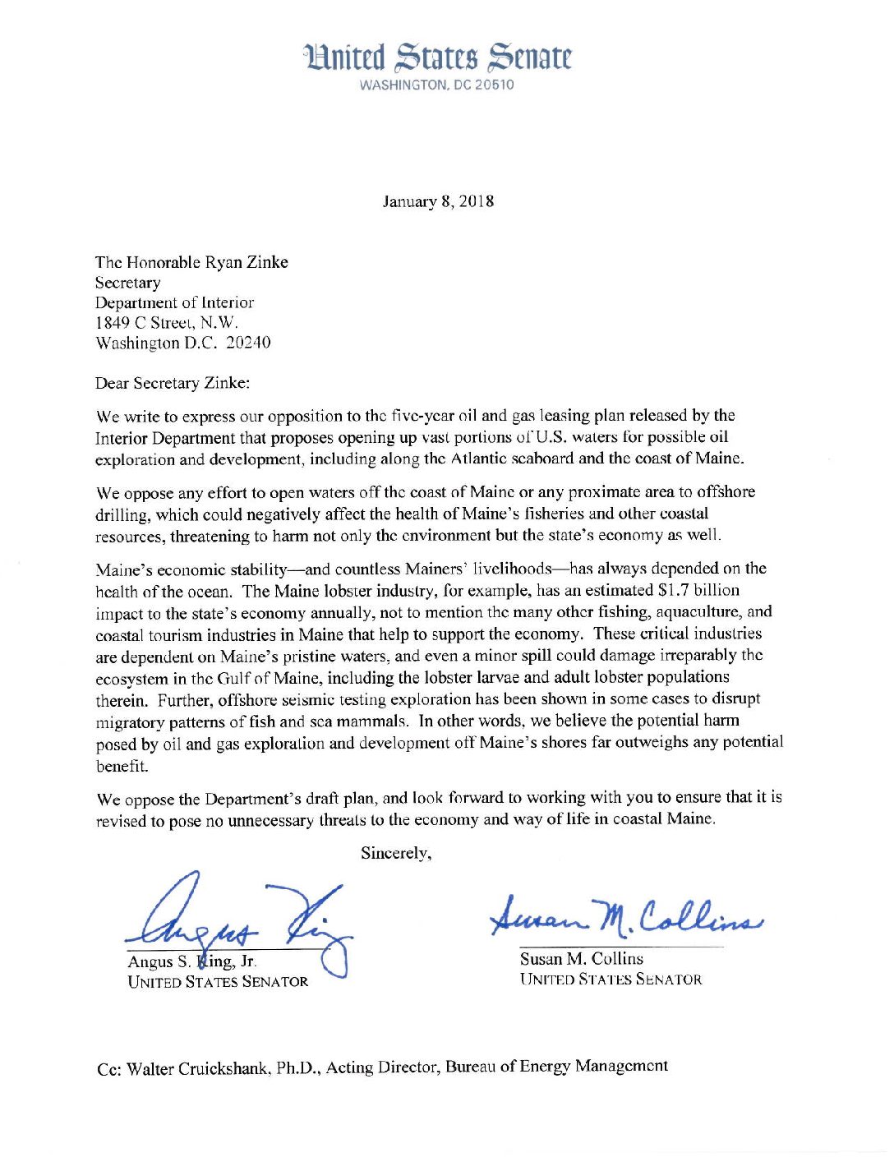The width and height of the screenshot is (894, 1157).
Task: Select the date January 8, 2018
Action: tap(438, 201)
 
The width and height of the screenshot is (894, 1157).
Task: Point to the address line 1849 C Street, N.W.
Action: tap(167, 323)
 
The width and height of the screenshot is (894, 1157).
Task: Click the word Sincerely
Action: tap(396, 853)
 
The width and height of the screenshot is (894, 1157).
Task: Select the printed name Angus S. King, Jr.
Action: tap(191, 961)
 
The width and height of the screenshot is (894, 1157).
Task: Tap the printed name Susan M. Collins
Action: tap(581, 958)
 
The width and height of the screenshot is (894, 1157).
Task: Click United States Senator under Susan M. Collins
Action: tap(611, 980)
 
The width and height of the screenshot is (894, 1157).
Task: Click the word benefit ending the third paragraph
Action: tap(122, 766)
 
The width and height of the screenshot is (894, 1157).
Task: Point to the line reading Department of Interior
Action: tap(174, 302)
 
